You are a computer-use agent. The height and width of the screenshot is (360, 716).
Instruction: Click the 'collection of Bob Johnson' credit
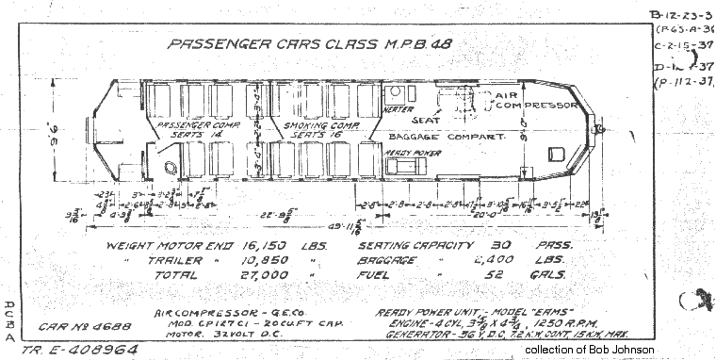(x=589, y=351)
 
